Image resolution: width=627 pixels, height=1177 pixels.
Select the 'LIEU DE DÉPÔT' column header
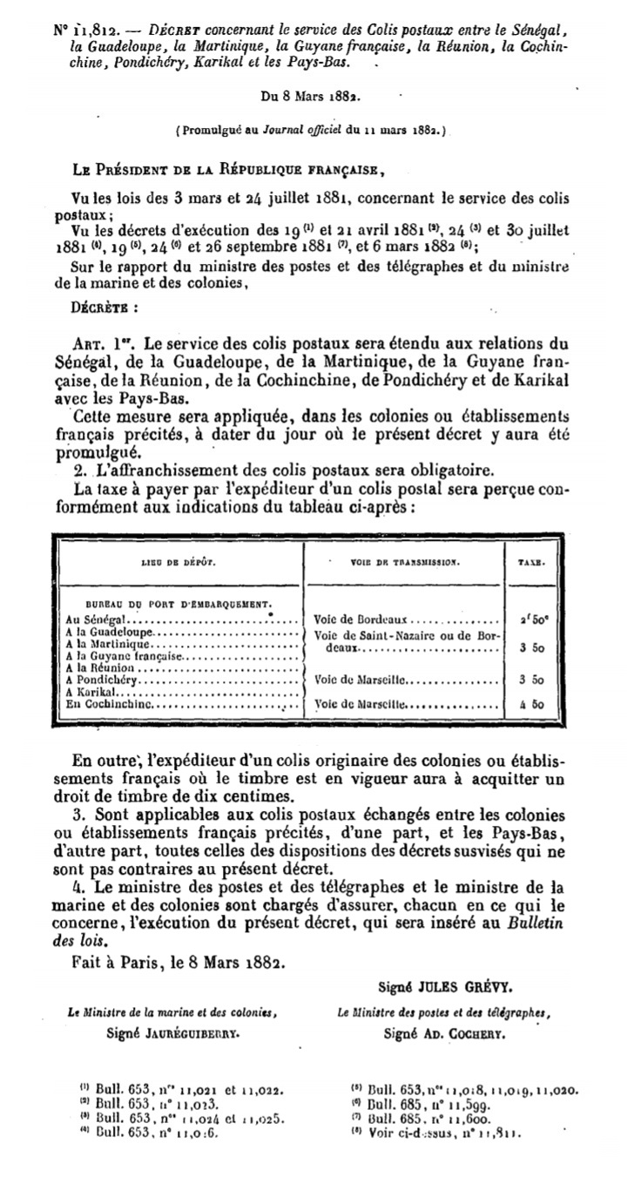[x=177, y=563]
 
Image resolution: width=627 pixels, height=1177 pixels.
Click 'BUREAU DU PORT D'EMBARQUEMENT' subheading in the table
[x=179, y=604]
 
